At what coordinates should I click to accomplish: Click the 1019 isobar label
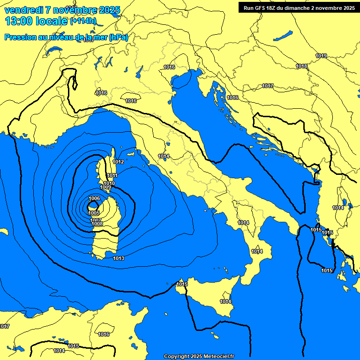coord(321,56)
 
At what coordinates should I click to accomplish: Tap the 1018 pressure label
coord(302,67)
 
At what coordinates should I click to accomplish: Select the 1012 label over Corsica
coord(118,162)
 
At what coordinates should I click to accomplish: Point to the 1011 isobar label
coord(112,176)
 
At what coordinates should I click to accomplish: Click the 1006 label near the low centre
coord(94,199)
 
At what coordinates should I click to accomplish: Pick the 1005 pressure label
coord(94,213)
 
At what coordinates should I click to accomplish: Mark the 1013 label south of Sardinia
coord(119,259)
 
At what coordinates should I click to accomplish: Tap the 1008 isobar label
coord(97,224)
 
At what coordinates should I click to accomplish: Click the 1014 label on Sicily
coord(225,301)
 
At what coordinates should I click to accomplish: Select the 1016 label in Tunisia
coord(104,335)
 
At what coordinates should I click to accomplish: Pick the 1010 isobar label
coord(109,184)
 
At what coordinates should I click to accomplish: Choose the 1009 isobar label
coord(105,188)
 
